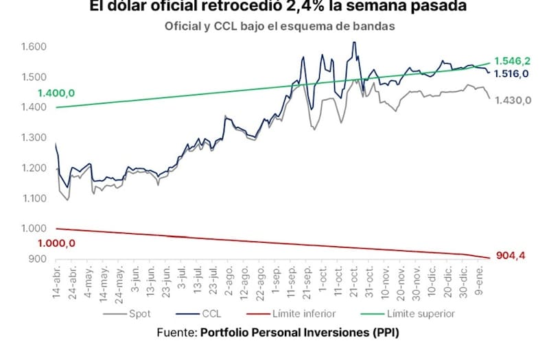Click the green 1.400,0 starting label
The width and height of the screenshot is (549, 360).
pyautogui.click(x=56, y=93)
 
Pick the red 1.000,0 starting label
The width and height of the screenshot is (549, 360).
pyautogui.click(x=56, y=243)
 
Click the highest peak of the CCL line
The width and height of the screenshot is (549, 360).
pyautogui.click(x=354, y=43)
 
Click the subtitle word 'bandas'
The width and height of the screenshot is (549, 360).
pyautogui.click(x=371, y=26)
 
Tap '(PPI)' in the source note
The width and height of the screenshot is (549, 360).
pyautogui.click(x=381, y=333)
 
